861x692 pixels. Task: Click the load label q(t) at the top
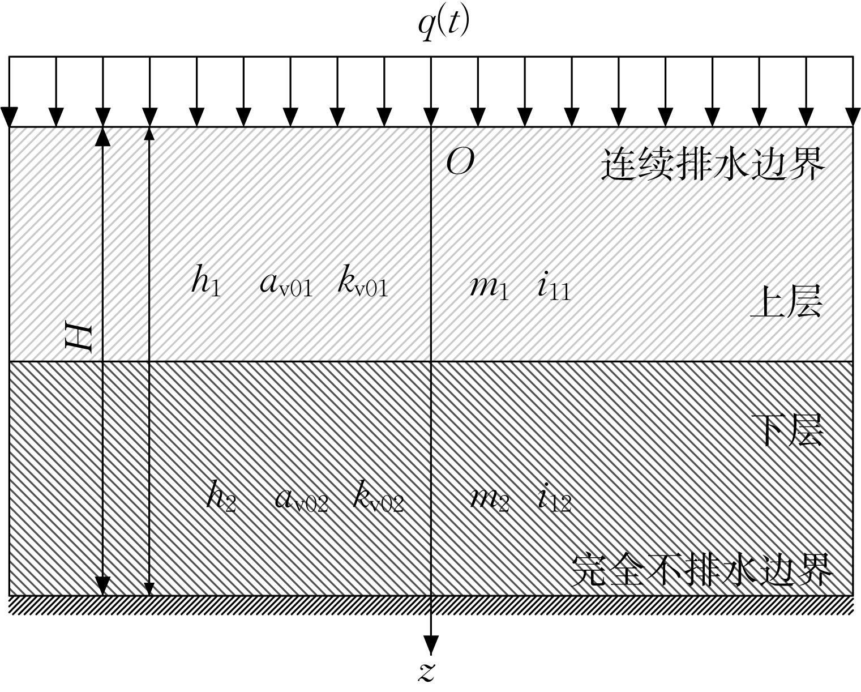(x=443, y=25)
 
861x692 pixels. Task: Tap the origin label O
(x=460, y=162)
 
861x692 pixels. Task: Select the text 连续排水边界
(x=713, y=164)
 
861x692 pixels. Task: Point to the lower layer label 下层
(x=787, y=430)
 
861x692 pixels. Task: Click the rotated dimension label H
(x=79, y=339)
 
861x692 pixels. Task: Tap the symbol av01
(x=286, y=285)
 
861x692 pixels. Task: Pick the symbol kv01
(x=362, y=280)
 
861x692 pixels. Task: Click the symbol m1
(x=489, y=287)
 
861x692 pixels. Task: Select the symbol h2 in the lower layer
(x=222, y=496)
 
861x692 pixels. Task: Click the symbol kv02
(x=378, y=496)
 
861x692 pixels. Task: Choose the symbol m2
(x=489, y=501)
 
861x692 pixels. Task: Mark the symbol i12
(x=555, y=498)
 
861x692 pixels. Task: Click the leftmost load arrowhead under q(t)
(x=9, y=117)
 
